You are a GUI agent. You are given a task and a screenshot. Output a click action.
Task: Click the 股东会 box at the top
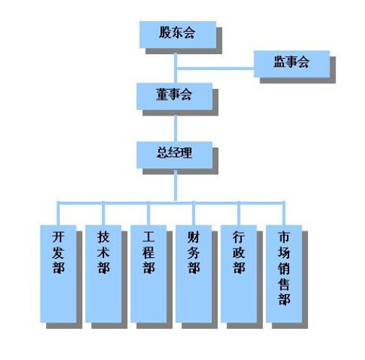pos(178,35)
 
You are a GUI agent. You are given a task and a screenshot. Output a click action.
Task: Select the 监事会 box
pos(292,64)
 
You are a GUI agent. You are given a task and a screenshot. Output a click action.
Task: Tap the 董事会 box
pos(174,96)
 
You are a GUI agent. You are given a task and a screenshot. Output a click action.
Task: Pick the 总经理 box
pos(174,155)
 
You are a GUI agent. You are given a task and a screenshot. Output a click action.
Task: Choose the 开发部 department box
pos(59,274)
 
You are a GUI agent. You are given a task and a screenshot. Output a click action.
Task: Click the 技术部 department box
pos(103,274)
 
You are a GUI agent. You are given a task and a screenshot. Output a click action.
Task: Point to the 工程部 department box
pos(148,274)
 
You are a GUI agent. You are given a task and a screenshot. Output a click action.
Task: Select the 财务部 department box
pos(194,274)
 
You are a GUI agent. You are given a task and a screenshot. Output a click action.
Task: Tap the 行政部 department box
pos(239,274)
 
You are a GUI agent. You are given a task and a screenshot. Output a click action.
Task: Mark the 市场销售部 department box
pos(284,274)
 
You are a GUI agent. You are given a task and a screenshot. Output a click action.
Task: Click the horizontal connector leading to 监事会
pos(215,69)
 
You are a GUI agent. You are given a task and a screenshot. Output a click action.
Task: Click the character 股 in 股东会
pos(165,33)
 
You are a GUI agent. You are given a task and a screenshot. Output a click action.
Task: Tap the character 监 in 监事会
pos(280,61)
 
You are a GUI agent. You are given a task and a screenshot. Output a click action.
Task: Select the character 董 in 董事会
pos(162,94)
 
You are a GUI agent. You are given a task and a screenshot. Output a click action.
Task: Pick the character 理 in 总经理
pos(186,153)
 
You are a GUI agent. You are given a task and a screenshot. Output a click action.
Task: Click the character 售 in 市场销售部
pos(284,284)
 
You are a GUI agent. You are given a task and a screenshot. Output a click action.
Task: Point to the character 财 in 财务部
pos(194,237)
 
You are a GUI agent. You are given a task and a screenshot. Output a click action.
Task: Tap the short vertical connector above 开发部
pos(58,213)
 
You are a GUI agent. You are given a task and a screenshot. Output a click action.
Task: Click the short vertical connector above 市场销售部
pos(284,213)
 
